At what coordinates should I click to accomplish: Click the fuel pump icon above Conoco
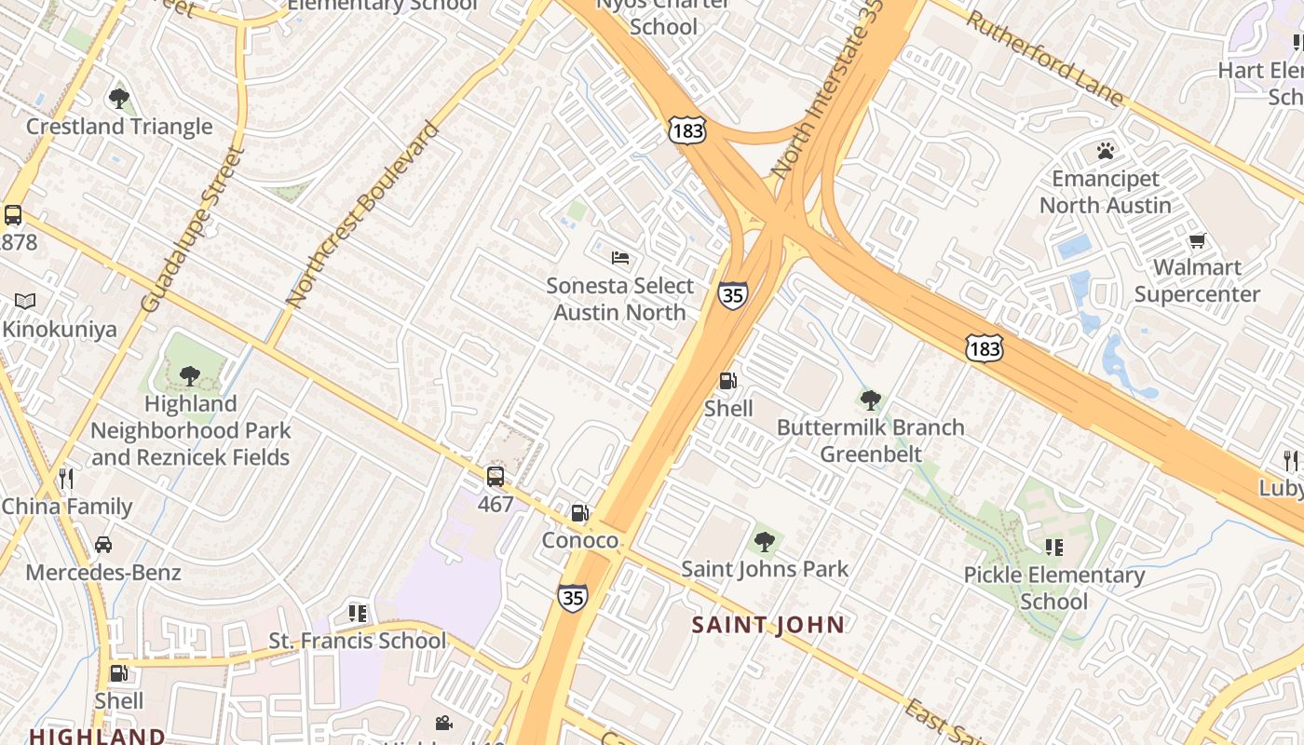579,513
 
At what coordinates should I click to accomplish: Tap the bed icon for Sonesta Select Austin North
620,258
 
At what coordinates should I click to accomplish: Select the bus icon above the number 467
496,477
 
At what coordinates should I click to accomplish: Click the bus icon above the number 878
13,215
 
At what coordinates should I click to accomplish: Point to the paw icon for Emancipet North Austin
1106,151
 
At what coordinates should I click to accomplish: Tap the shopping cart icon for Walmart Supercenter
1198,241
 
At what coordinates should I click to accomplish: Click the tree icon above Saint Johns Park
765,541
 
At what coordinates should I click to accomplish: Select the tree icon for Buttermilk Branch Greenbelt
871,400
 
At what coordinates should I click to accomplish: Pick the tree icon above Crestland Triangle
119,99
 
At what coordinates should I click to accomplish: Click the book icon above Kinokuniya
25,302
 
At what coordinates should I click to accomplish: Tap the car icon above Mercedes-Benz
103,545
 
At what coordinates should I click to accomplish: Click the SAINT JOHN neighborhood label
768,625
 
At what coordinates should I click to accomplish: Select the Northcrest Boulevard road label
362,215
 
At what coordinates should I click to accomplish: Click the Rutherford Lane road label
1044,58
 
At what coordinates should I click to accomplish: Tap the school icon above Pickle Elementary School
1054,548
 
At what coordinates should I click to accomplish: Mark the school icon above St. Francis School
358,614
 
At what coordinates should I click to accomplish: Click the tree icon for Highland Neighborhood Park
190,376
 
